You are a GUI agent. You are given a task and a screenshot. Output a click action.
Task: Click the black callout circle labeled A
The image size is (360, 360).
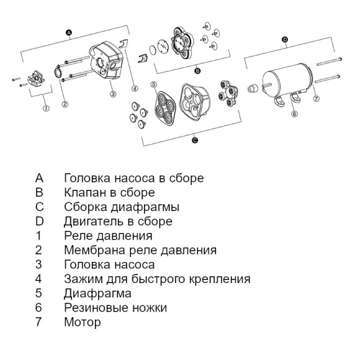(69, 33)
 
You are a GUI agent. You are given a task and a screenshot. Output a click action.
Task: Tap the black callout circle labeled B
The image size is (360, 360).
(197, 71)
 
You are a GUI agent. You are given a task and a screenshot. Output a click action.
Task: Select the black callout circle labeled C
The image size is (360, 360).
(195, 140)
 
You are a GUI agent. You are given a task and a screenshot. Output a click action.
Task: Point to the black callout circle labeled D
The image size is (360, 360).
(285, 40)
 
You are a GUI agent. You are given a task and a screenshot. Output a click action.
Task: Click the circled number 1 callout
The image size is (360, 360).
(47, 108)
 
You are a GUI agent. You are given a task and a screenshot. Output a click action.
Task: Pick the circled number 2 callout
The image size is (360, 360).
(65, 104)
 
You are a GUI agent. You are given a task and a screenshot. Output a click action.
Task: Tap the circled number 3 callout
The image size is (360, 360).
(113, 94)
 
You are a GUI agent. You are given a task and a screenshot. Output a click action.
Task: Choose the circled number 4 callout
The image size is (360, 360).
(135, 88)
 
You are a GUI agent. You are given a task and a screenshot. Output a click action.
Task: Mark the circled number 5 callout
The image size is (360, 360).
(153, 84)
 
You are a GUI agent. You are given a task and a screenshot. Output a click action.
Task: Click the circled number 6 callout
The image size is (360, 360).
(295, 114)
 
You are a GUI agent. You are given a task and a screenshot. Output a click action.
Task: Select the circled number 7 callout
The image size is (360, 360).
(316, 99)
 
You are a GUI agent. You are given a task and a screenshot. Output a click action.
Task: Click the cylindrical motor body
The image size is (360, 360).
(287, 79)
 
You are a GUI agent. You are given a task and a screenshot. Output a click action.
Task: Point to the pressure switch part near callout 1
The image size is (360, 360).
(36, 79)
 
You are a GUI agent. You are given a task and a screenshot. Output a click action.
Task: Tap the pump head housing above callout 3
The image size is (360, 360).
(106, 60)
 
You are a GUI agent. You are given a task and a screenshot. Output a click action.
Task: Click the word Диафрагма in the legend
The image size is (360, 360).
(97, 294)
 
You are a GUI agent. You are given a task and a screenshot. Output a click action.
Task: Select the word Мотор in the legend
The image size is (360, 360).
(83, 322)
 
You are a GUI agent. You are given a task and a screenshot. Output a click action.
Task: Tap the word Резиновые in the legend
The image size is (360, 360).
(96, 308)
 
